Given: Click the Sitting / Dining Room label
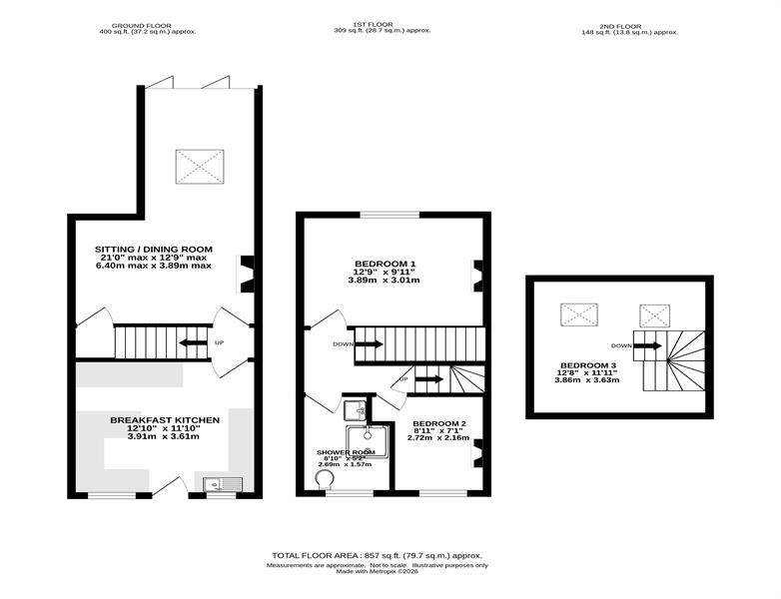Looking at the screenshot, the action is tap(154, 249).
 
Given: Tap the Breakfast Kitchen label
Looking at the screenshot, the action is tap(165, 420).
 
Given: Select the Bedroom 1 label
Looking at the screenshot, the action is tap(386, 264).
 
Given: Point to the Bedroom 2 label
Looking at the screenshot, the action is tap(439, 423).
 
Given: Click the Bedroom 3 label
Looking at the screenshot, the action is tap(585, 365).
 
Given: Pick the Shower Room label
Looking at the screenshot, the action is tap(347, 452).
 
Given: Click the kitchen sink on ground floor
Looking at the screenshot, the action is tap(223, 484).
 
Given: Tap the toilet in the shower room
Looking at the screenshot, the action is tap(325, 480).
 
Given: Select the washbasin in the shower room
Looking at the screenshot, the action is tap(355, 410).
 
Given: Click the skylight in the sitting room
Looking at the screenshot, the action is tap(199, 167).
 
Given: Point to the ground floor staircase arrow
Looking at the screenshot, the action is tap(194, 342).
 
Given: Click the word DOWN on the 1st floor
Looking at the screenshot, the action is tap(344, 344).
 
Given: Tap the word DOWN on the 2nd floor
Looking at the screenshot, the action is tap(621, 345).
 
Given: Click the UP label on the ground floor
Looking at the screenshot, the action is tap(219, 342).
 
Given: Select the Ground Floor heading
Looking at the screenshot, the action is tap(142, 25).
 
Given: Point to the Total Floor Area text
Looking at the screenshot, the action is tap(378, 555).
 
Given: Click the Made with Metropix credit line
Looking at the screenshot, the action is tap(378, 572).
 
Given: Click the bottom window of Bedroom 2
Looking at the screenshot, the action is tap(443, 493).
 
